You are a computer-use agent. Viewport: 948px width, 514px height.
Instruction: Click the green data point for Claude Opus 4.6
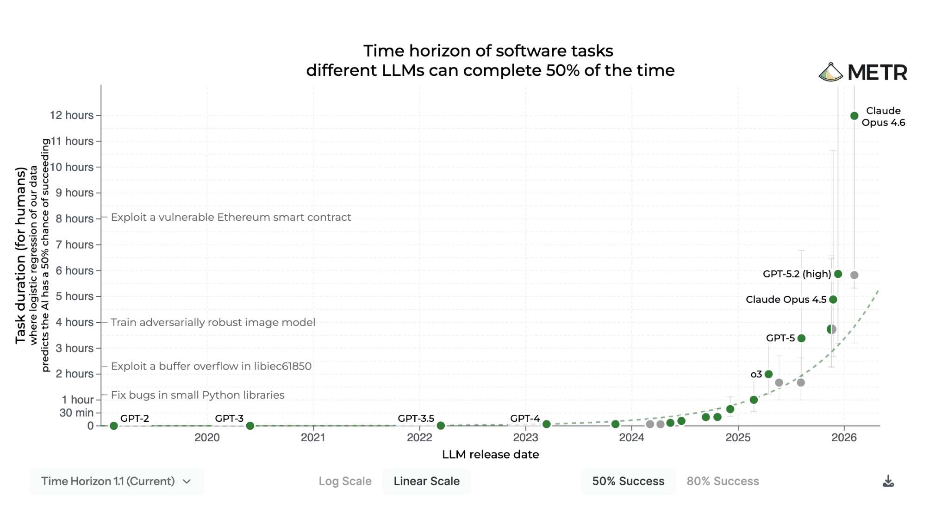pyautogui.click(x=854, y=116)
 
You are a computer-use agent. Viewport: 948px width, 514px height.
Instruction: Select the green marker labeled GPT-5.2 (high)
pyautogui.click(x=838, y=274)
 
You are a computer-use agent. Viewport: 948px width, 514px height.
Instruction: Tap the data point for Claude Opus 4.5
pyautogui.click(x=833, y=300)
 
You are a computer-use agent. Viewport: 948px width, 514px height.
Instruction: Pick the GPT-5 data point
pyautogui.click(x=801, y=338)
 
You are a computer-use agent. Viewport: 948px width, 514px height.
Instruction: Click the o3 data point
pyautogui.click(x=768, y=374)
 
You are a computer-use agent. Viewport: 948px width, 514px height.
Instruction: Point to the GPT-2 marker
pyautogui.click(x=114, y=426)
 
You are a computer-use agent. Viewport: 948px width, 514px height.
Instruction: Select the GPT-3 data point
pyautogui.click(x=250, y=426)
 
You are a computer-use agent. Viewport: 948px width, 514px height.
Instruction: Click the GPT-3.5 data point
pyautogui.click(x=441, y=426)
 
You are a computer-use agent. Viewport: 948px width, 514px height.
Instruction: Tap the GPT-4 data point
pyautogui.click(x=546, y=424)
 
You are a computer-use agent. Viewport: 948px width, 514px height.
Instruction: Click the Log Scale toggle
pyautogui.click(x=345, y=481)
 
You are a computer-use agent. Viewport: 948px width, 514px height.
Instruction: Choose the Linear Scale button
pyautogui.click(x=426, y=481)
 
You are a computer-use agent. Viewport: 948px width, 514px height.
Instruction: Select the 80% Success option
pyautogui.click(x=723, y=481)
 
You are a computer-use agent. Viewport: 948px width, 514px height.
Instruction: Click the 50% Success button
pyautogui.click(x=628, y=481)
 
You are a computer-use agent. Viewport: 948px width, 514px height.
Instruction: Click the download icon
pyautogui.click(x=888, y=482)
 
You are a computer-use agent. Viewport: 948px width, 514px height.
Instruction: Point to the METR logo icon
pyautogui.click(x=831, y=72)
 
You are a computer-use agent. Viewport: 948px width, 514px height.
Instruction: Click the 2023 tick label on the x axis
pyautogui.click(x=525, y=438)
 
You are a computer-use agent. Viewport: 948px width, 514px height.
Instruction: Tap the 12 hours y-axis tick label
pyautogui.click(x=72, y=115)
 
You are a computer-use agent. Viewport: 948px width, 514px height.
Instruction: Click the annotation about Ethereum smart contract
pyautogui.click(x=231, y=217)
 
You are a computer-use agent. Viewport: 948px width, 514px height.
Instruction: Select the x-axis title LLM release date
pyautogui.click(x=490, y=454)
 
